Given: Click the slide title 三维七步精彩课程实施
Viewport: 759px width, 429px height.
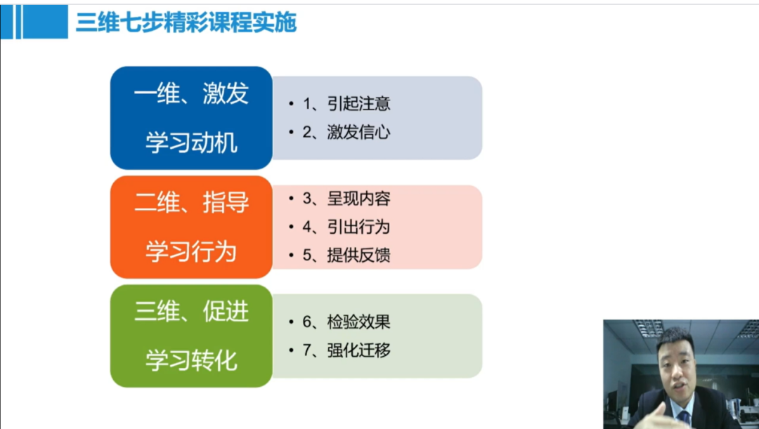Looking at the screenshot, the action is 186,22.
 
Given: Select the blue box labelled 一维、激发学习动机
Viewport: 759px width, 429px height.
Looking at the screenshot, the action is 191,118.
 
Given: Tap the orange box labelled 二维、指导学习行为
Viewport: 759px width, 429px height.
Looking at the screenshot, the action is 191,227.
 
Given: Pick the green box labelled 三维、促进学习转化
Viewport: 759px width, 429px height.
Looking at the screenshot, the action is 191,336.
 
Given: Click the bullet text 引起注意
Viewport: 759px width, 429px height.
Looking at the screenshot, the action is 358,103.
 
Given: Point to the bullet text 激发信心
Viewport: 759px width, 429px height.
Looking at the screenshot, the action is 358,132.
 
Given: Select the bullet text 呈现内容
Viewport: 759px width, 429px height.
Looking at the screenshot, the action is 358,198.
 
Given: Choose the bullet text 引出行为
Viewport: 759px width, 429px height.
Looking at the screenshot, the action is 358,227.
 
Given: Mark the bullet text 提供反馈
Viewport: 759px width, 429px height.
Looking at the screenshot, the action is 358,255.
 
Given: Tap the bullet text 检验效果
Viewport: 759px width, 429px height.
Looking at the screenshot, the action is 358,322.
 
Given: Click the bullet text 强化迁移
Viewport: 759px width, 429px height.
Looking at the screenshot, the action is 358,350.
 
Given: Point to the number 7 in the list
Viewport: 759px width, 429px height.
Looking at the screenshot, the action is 307,350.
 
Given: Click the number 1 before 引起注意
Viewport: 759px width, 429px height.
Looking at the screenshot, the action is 307,103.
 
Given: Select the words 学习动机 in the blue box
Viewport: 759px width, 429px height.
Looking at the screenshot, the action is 191,143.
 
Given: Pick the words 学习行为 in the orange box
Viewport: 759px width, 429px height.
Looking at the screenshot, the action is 191,252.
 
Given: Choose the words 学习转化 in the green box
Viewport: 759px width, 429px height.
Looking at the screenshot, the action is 191,361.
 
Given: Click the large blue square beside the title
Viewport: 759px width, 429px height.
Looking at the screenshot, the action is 46,22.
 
